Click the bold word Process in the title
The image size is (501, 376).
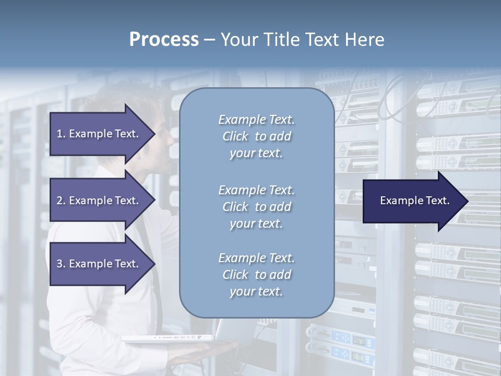point(164,40)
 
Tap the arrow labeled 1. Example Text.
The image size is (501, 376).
point(99,134)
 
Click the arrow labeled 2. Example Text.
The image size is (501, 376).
point(99,201)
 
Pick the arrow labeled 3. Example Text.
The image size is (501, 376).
point(99,264)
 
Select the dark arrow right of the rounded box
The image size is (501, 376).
point(412,201)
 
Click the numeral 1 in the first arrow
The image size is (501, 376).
point(59,134)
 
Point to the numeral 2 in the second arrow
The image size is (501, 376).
point(59,201)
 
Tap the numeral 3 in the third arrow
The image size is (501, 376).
point(59,264)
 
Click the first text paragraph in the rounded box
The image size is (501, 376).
point(256,136)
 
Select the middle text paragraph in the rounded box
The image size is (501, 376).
point(256,207)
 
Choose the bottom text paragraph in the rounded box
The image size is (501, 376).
point(256,275)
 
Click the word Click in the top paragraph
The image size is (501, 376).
point(235,136)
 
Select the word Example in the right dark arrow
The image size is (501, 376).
point(399,201)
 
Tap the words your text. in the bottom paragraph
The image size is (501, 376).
point(256,291)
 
